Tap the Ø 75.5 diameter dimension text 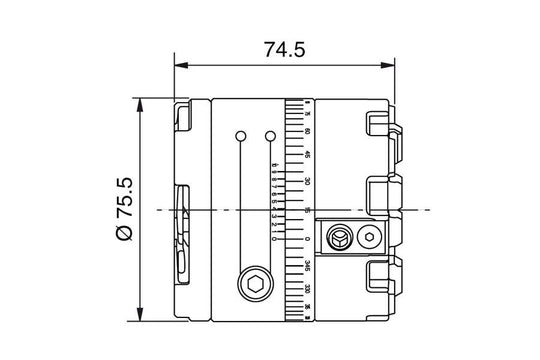point(124,208)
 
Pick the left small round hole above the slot point(240,135)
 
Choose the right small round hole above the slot point(270,135)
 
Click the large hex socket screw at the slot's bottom point(255,286)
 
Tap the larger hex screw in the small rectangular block point(341,238)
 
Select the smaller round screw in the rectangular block point(370,238)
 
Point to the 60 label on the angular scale point(306,131)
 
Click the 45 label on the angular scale point(306,155)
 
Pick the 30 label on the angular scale point(306,181)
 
